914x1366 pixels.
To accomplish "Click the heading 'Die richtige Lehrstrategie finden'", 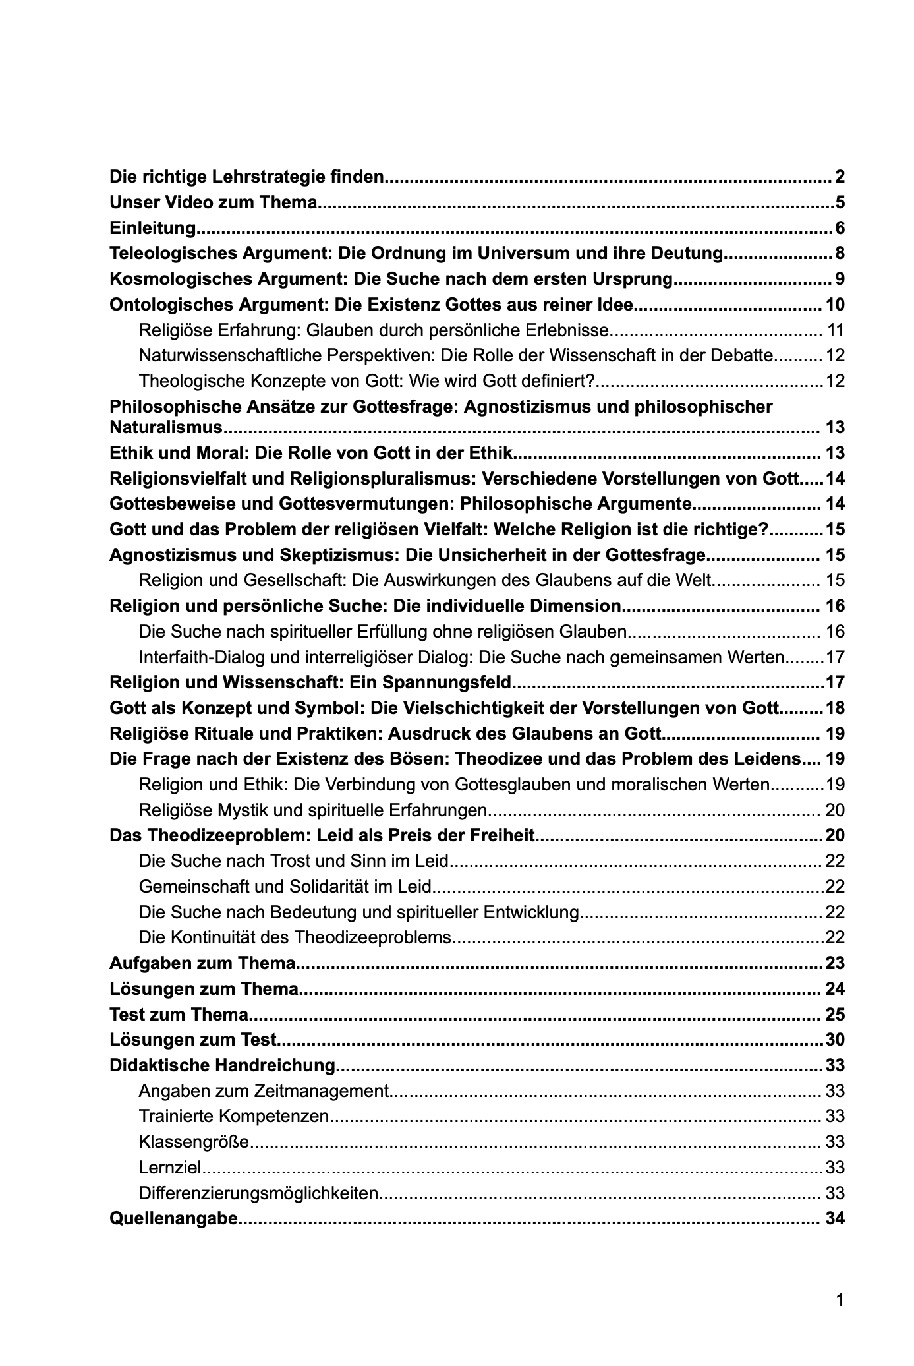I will point(246,177).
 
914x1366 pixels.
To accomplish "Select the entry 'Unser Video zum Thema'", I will point(214,202).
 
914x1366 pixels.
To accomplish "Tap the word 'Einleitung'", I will point(153,228).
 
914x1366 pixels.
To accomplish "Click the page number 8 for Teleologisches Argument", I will point(839,254).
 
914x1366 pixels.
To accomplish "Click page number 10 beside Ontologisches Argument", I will point(834,305).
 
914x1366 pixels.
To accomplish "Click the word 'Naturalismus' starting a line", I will point(166,427).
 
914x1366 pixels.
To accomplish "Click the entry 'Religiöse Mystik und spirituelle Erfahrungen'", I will point(313,810).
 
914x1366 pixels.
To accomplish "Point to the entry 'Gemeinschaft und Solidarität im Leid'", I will point(285,887).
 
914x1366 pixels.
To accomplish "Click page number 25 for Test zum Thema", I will point(834,1015).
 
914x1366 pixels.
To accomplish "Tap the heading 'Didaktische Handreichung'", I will point(223,1065).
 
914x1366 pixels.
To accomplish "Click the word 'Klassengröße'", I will point(194,1142).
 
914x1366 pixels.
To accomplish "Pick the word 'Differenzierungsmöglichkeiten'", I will point(259,1193).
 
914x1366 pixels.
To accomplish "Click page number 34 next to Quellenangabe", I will point(834,1218).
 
